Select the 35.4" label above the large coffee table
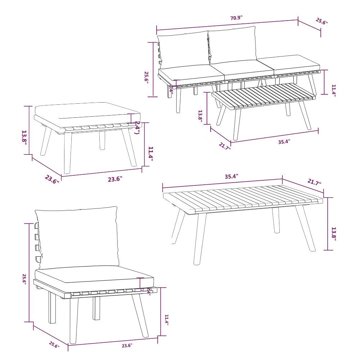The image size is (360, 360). point(231,176)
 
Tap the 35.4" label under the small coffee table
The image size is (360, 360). point(284,141)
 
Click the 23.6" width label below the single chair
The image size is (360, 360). point(127,346)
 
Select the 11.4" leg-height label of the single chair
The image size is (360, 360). point(166,320)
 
